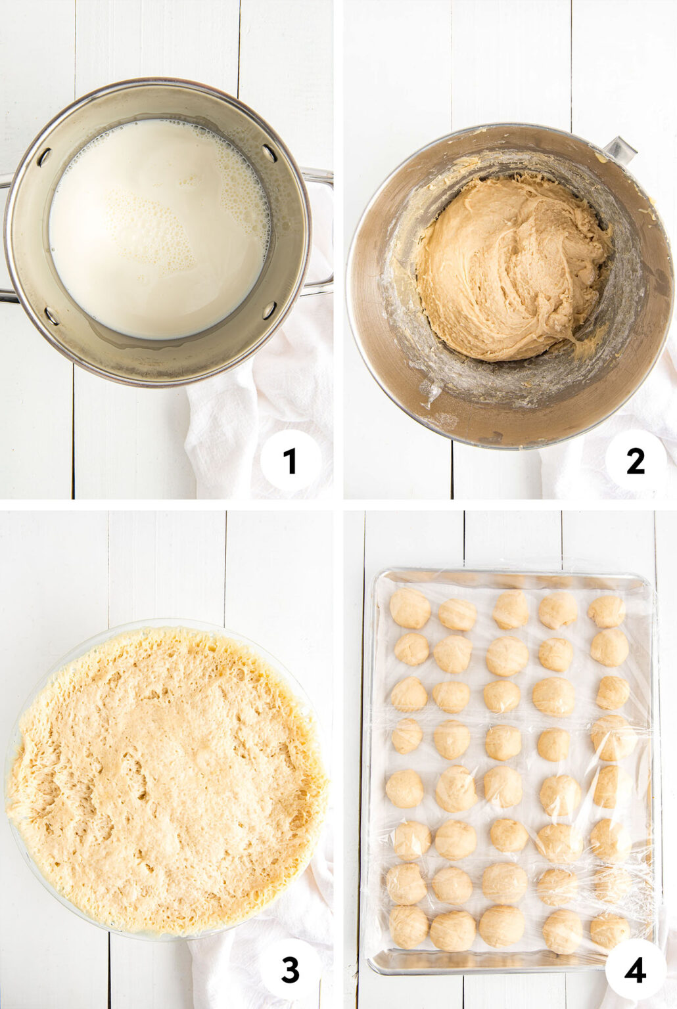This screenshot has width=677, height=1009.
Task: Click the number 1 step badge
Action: pyautogui.click(x=291, y=461)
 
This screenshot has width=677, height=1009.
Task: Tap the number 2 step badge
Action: pyautogui.click(x=635, y=461)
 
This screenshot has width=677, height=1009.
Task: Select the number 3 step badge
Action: pyautogui.click(x=291, y=970)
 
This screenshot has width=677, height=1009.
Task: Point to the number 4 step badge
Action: pyautogui.click(x=635, y=970)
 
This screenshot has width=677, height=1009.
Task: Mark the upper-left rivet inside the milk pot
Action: pyautogui.click(x=44, y=157)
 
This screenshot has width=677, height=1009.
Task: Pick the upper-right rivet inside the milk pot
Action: pyautogui.click(x=269, y=152)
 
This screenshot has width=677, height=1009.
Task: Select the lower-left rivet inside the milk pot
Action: pyautogui.click(x=51, y=315)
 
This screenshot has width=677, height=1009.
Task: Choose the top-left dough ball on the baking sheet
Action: pyautogui.click(x=410, y=608)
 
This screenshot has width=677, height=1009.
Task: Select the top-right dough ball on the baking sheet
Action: pyautogui.click(x=606, y=612)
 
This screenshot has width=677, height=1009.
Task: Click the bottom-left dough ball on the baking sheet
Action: pyautogui.click(x=409, y=926)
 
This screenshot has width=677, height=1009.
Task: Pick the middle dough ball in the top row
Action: pyautogui.click(x=511, y=609)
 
